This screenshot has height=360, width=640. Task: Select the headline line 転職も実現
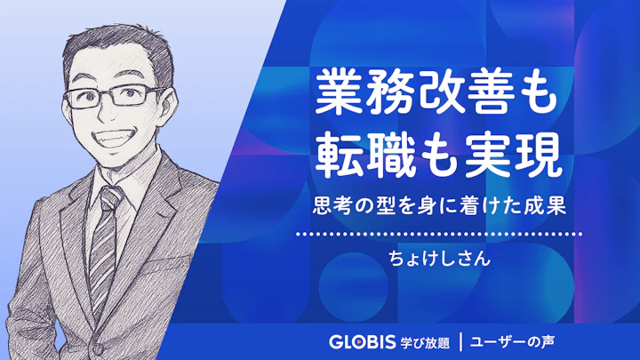[440, 155]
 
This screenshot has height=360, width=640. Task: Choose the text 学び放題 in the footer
[422, 340]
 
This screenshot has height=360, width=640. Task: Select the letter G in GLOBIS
[334, 340]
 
